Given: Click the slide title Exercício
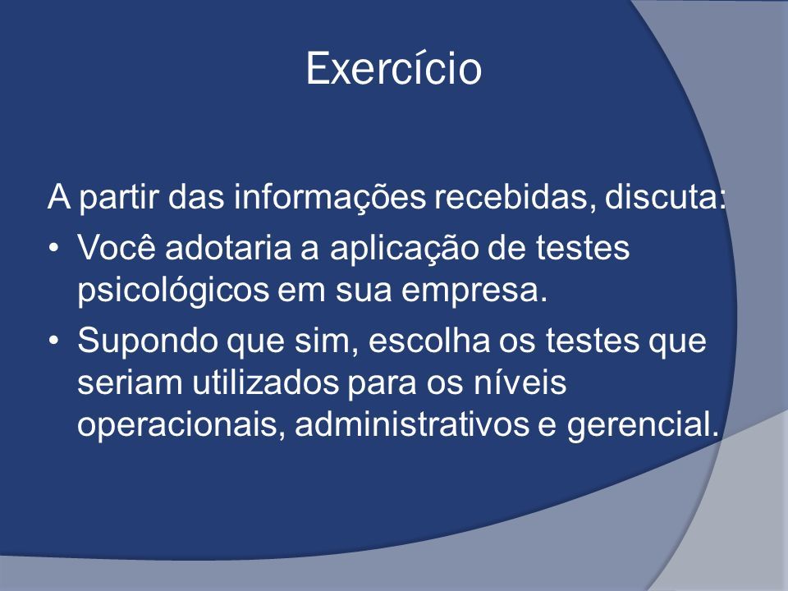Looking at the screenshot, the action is point(393,67).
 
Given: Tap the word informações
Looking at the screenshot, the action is point(330,196).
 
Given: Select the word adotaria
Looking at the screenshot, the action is point(228,247).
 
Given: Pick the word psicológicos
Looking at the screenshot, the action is point(173,291).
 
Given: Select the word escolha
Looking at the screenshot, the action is point(429,340).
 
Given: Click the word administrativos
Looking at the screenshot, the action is point(412,424).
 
